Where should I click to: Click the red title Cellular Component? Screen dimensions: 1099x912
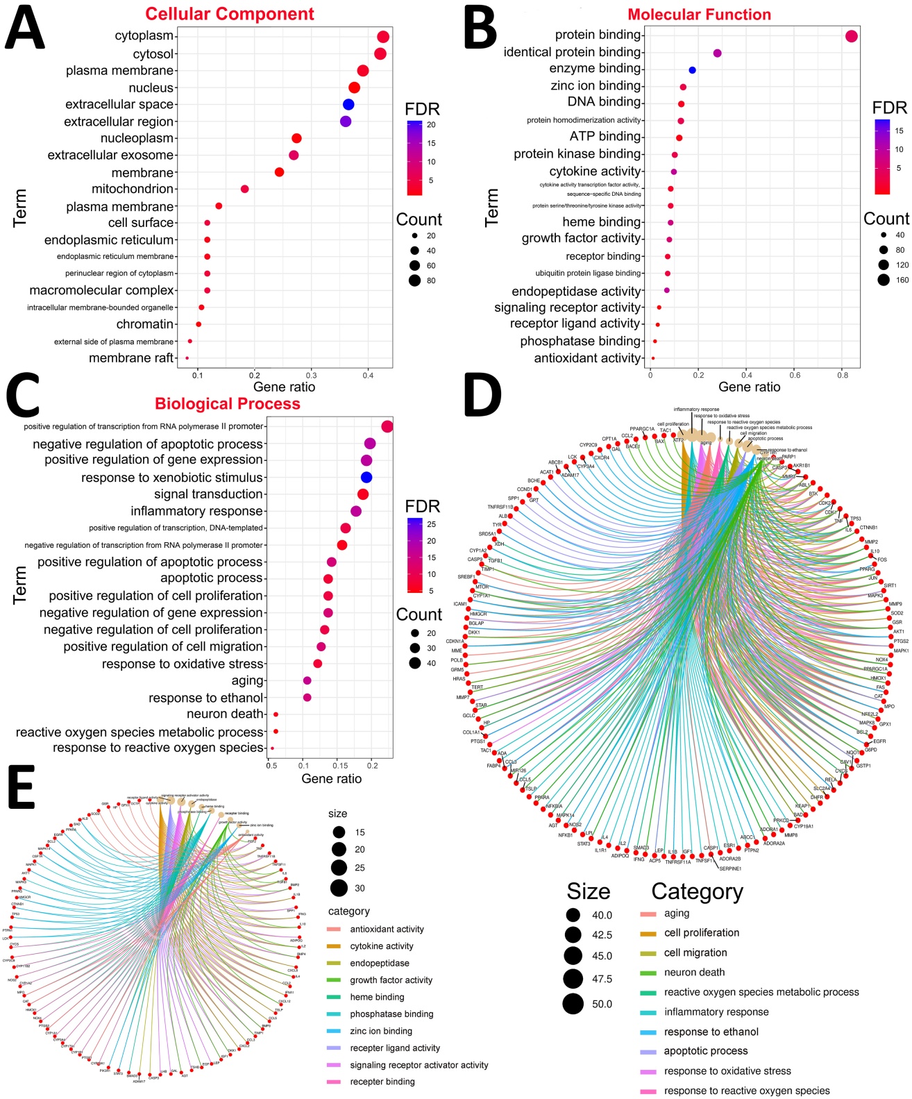230,14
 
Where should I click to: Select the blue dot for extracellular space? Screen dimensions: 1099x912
348,105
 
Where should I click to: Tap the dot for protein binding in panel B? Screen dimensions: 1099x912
852,36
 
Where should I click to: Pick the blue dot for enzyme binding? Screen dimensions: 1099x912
692,70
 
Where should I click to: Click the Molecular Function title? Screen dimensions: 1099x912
699,15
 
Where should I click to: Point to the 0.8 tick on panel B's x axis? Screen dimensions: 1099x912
842,376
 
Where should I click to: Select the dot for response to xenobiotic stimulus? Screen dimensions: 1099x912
366,477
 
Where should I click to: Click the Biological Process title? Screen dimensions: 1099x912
228,404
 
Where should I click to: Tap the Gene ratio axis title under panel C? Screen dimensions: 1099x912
331,779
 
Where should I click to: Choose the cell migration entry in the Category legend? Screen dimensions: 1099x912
695,953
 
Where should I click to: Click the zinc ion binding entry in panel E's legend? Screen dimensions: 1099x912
381,1031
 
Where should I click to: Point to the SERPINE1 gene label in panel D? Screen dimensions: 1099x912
730,869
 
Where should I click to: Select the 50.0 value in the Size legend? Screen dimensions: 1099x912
602,1004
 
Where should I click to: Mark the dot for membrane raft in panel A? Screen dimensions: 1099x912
187,358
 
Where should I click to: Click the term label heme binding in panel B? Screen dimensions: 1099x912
601,222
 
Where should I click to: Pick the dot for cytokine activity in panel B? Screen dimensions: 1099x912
673,171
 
